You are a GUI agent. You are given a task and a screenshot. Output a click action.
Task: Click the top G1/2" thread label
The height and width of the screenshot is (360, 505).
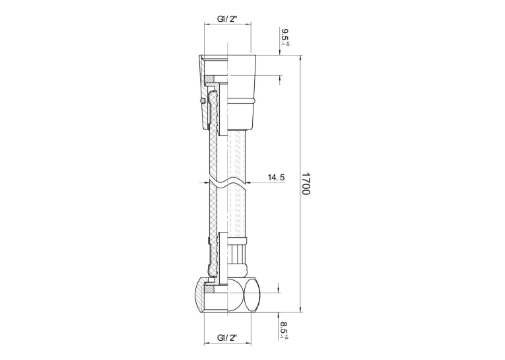[227, 19]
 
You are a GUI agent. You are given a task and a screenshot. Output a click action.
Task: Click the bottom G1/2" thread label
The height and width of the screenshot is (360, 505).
[227, 338]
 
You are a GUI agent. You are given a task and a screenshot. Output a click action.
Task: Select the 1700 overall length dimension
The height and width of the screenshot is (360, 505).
[306, 184]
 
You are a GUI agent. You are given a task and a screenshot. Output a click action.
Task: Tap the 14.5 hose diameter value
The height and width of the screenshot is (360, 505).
[276, 177]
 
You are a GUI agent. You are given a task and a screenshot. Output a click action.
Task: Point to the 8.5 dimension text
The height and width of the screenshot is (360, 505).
[285, 330]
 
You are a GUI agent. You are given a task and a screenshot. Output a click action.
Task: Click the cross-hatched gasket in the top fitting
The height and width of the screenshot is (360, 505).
[210, 79]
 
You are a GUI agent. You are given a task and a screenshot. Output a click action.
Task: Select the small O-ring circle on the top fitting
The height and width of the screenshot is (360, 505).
[202, 101]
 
